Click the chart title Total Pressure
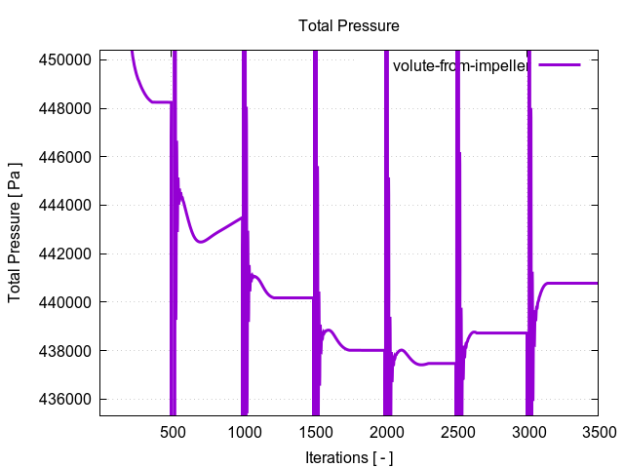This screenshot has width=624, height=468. pos(349,25)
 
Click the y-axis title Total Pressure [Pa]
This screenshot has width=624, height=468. pos(15,232)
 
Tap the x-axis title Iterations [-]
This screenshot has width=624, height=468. pos(348,456)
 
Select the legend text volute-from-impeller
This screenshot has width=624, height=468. pos(460,66)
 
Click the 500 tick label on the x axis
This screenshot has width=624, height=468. pos(173,432)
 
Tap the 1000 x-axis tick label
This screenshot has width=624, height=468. pos(244,432)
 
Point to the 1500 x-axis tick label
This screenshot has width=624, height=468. pos(315,432)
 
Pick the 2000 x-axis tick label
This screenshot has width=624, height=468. pos(386,432)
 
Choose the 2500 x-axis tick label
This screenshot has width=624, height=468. pos(456,432)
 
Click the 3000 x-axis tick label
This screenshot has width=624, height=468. pos(527,432)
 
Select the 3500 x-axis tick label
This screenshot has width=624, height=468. pos(599,432)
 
